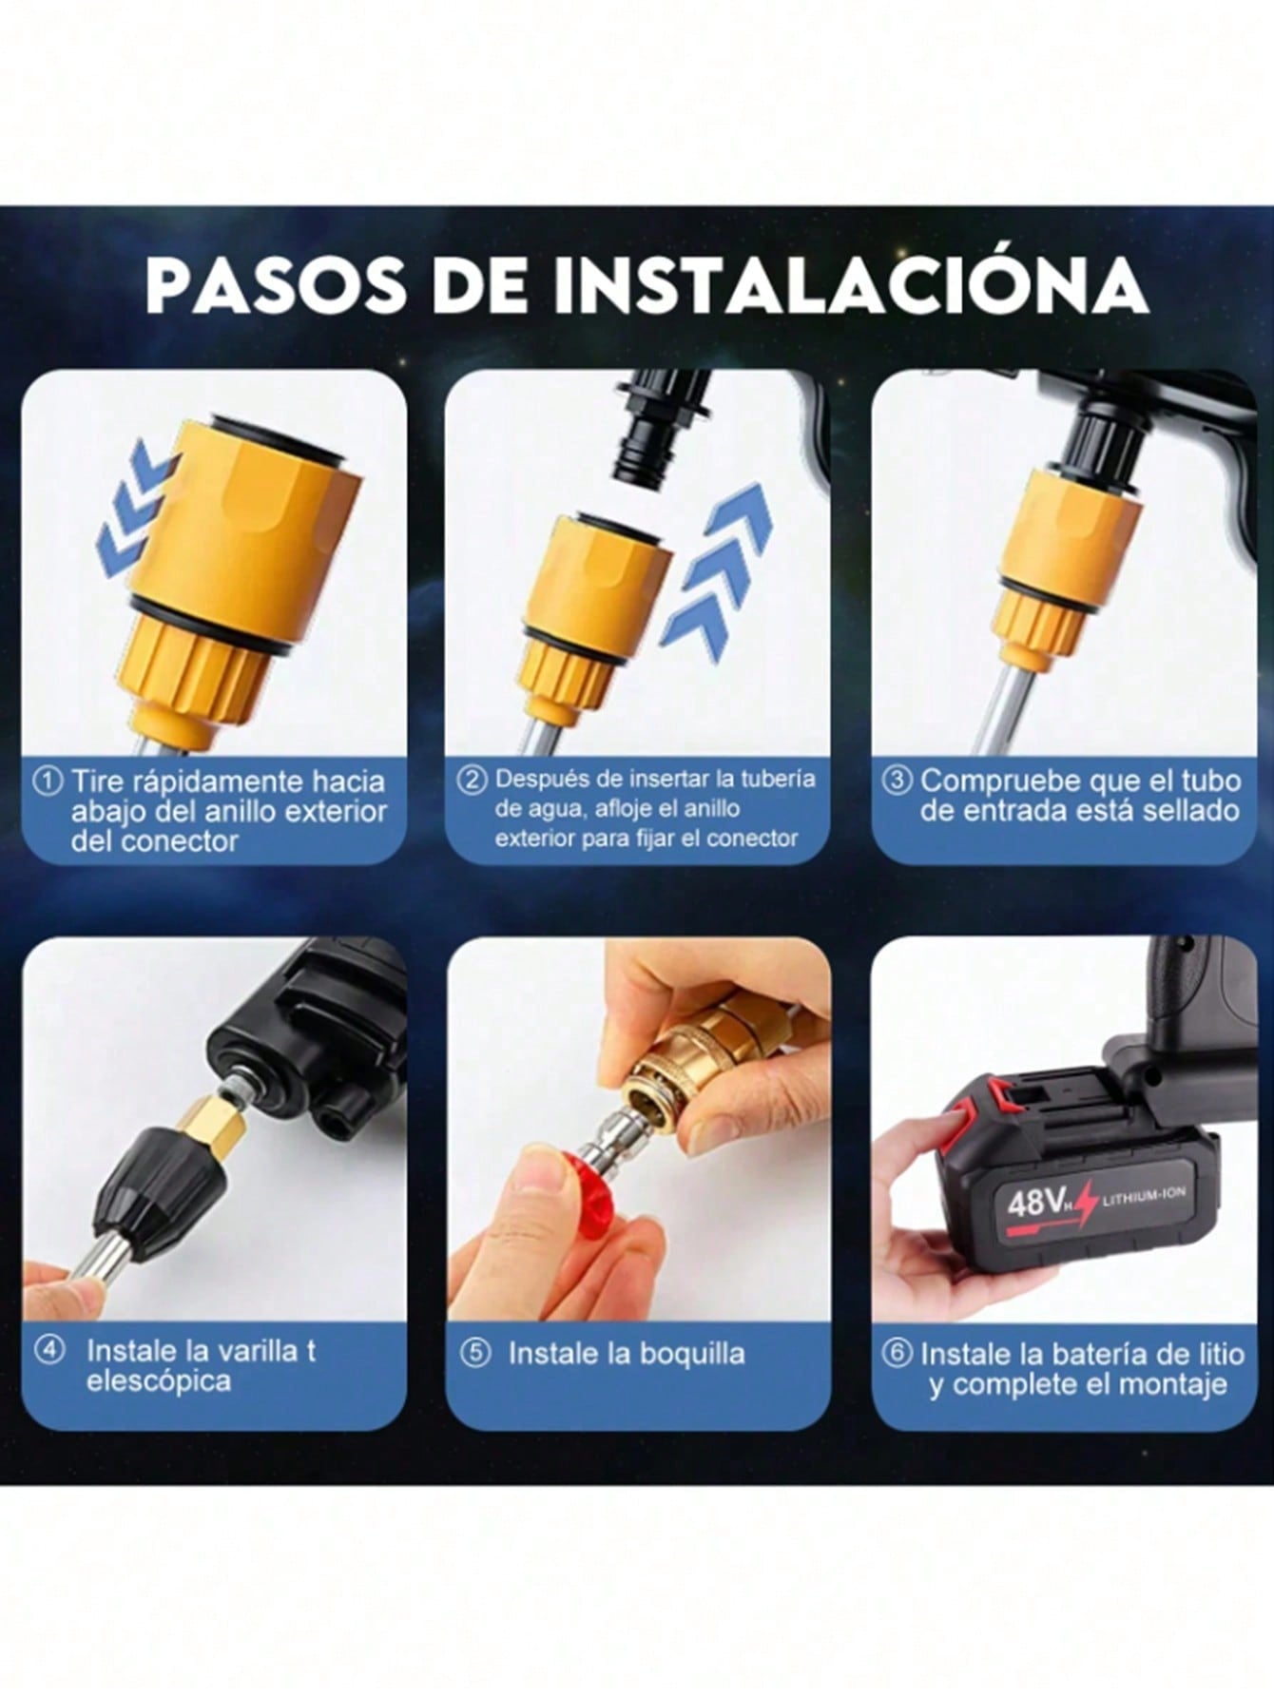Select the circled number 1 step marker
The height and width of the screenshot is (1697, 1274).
click(47, 781)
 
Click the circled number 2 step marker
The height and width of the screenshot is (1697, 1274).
click(473, 780)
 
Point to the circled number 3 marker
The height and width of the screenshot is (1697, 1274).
click(898, 781)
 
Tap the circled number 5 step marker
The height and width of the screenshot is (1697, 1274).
click(474, 1353)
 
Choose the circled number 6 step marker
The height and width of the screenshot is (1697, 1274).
click(897, 1353)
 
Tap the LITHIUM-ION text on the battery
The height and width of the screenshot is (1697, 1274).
click(1143, 1196)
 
